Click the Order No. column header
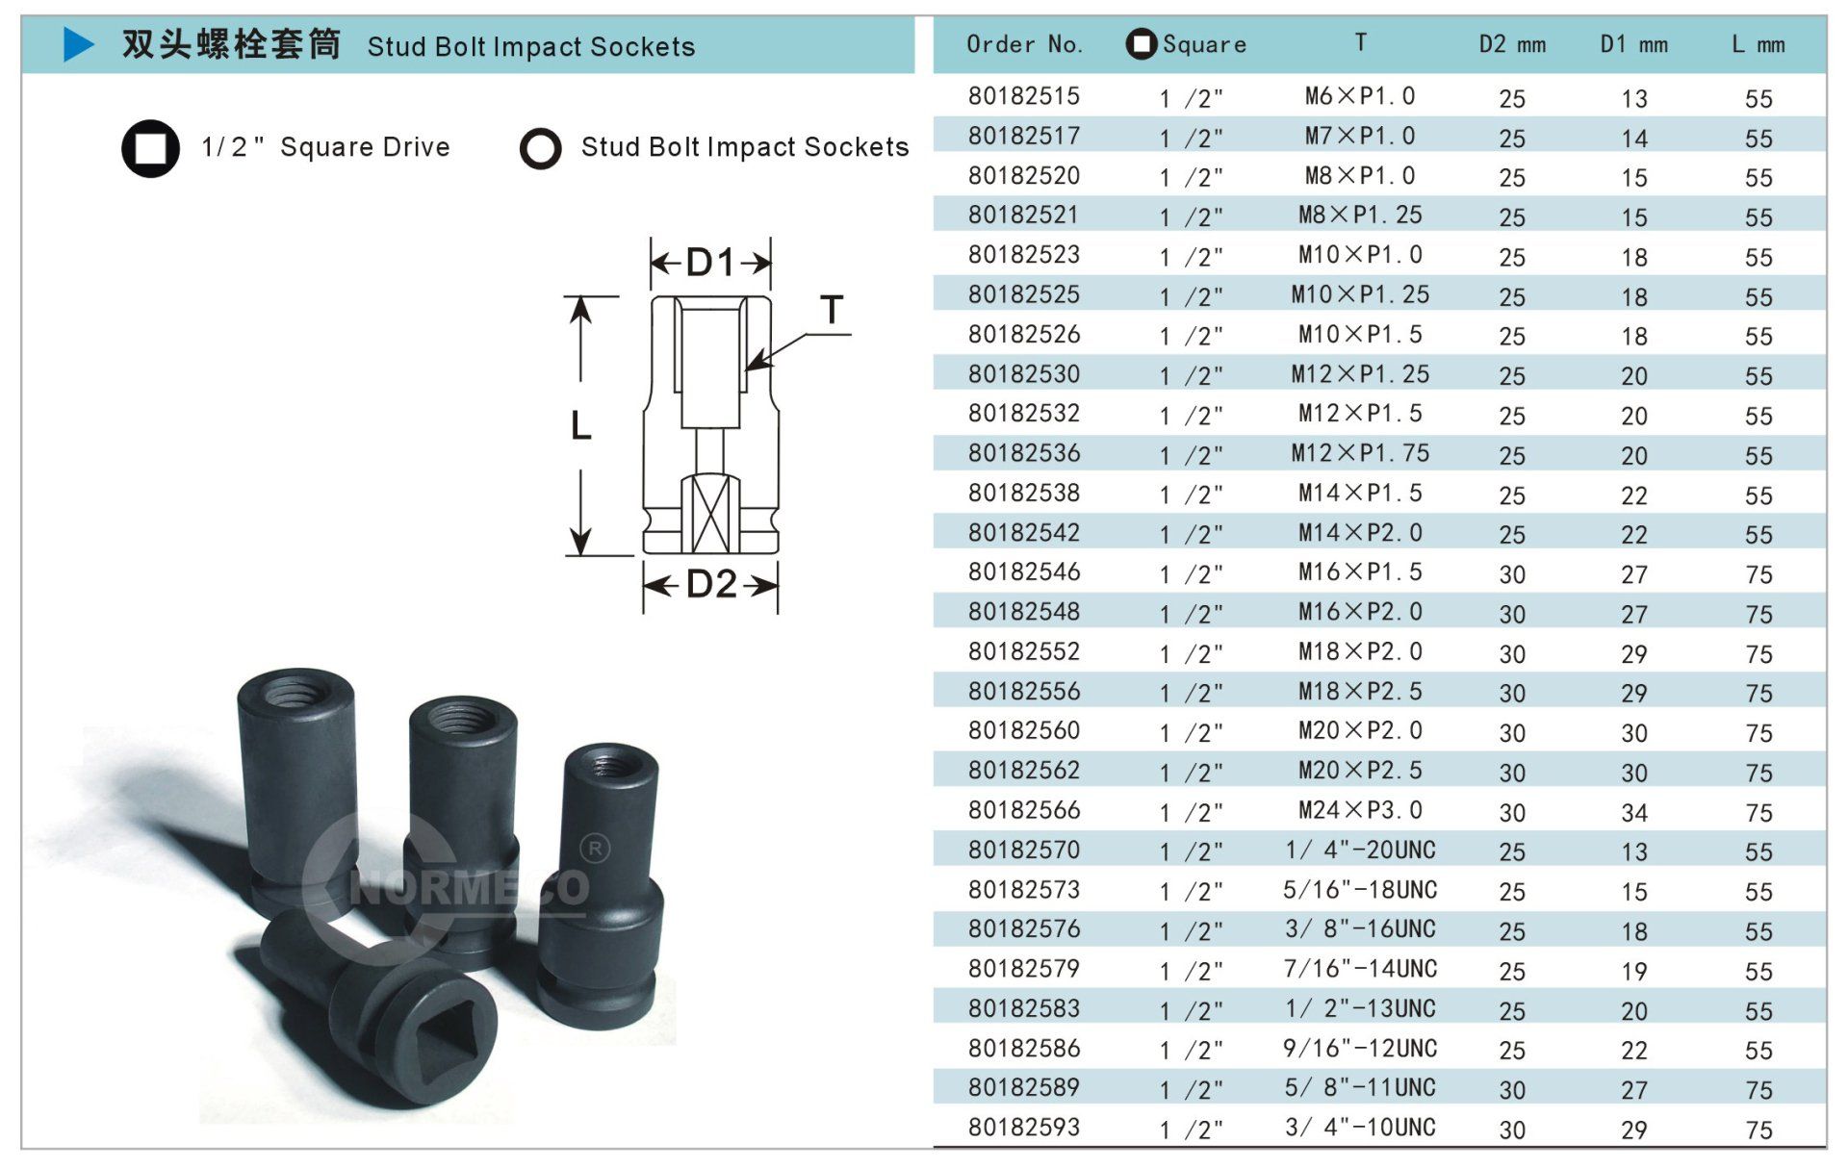tap(1024, 44)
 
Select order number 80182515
tap(1024, 96)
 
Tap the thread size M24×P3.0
tap(1360, 810)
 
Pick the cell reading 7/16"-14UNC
tap(1360, 969)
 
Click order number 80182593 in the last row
tap(1024, 1128)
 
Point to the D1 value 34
tap(1634, 814)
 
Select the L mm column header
tap(1758, 44)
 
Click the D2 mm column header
tap(1512, 44)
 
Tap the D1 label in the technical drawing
tap(710, 262)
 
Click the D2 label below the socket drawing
tap(711, 584)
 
